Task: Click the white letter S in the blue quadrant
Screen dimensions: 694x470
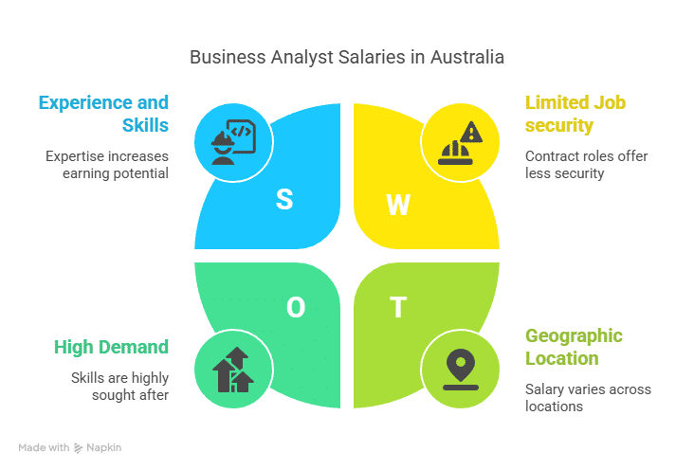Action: pyautogui.click(x=284, y=199)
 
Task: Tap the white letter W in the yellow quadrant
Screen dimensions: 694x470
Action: pyautogui.click(x=398, y=205)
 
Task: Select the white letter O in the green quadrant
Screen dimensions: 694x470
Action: pyautogui.click(x=296, y=307)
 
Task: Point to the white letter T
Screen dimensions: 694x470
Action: pyautogui.click(x=398, y=307)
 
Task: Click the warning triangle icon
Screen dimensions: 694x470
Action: pyautogui.click(x=471, y=132)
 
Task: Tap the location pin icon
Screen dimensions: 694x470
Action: pyautogui.click(x=461, y=370)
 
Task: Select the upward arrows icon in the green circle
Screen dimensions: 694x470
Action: pyautogui.click(x=233, y=370)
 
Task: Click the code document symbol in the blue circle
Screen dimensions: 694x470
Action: pyautogui.click(x=241, y=136)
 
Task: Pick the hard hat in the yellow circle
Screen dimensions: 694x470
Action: pyautogui.click(x=455, y=153)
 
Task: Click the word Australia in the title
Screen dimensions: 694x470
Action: pyautogui.click(x=467, y=57)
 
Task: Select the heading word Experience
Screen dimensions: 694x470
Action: pyautogui.click(x=86, y=102)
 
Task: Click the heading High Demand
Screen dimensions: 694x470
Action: pyautogui.click(x=111, y=347)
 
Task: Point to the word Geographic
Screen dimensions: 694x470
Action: pyautogui.click(x=574, y=335)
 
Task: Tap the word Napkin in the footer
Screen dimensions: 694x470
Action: pyautogui.click(x=104, y=447)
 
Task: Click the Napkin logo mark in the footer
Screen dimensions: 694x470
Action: pyautogui.click(x=79, y=448)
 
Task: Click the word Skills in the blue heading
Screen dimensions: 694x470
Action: pyautogui.click(x=145, y=125)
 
